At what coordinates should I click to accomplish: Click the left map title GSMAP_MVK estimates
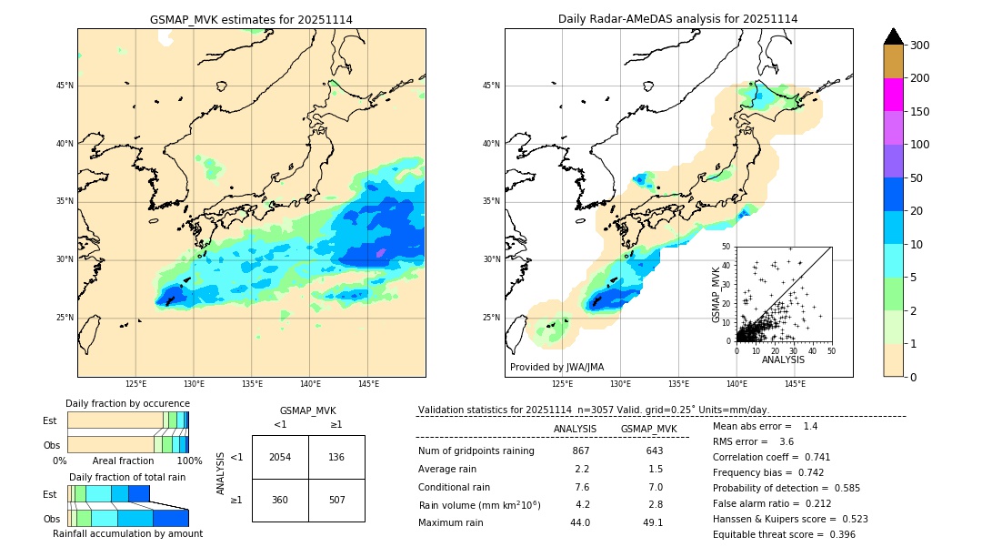click(x=251, y=19)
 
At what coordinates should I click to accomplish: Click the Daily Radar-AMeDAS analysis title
click(x=677, y=19)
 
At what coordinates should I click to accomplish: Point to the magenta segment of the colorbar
click(x=894, y=95)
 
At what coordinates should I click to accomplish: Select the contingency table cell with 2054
click(x=280, y=457)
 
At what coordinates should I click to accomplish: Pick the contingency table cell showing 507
click(x=336, y=500)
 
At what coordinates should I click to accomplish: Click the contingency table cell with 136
click(x=336, y=457)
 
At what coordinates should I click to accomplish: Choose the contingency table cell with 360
click(x=280, y=500)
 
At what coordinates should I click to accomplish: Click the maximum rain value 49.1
click(x=653, y=522)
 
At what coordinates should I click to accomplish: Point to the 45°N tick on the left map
click(x=65, y=86)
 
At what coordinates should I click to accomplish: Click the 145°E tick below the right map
click(x=795, y=384)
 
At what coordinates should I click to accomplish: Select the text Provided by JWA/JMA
click(x=556, y=367)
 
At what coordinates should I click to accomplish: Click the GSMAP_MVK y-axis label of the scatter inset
click(x=716, y=294)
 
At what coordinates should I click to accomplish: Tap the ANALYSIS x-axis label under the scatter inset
click(x=783, y=360)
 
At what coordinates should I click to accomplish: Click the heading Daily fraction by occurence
click(x=127, y=403)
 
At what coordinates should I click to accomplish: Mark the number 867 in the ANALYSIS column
click(x=581, y=451)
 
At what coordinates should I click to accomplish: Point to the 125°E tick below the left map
click(x=135, y=384)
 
